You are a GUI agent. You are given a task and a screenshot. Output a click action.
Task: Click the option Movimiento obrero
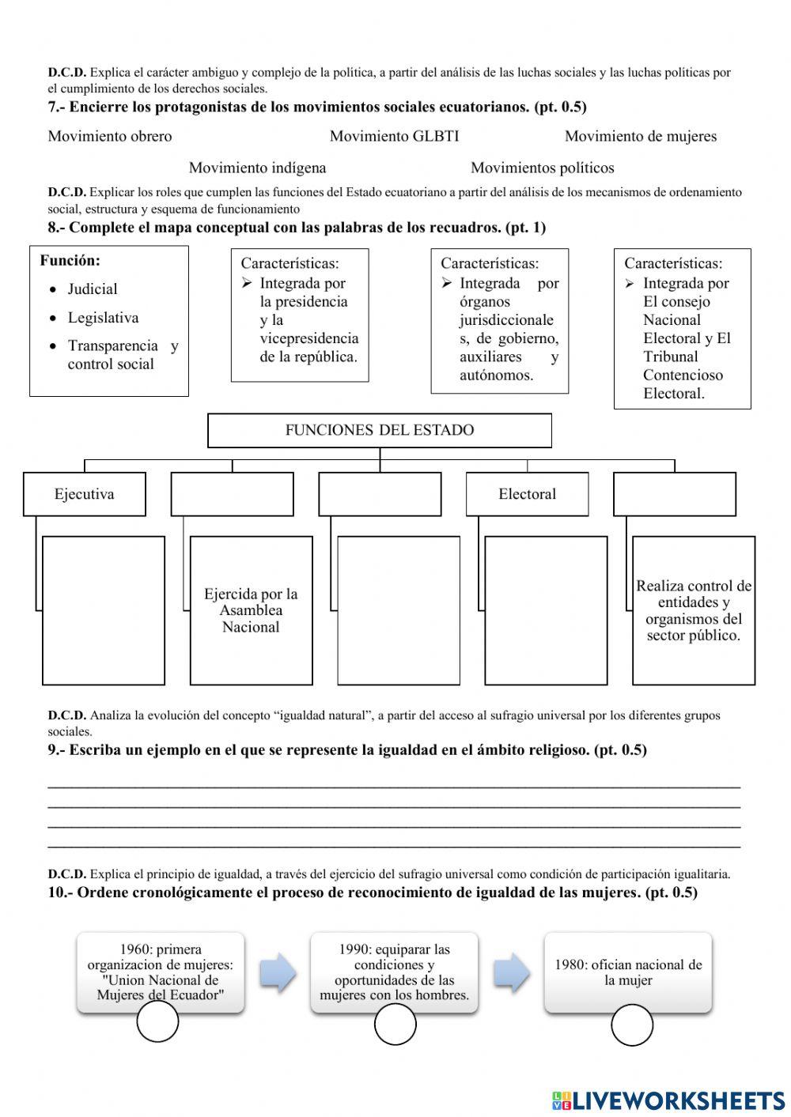(110, 136)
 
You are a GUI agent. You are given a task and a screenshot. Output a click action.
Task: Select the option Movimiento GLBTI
(394, 136)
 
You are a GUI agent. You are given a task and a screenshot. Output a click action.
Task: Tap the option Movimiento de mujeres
(640, 136)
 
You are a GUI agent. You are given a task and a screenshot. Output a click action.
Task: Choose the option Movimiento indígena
(257, 168)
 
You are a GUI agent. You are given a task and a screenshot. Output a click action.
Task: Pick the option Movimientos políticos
(542, 168)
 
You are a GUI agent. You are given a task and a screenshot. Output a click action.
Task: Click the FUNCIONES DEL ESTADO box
(379, 430)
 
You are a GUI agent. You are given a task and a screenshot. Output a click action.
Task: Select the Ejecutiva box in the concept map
(84, 494)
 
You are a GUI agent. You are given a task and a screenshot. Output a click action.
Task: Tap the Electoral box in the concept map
(527, 494)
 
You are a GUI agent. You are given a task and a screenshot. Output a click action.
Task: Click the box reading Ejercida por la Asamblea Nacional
(251, 610)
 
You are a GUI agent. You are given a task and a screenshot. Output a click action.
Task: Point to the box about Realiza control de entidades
(693, 610)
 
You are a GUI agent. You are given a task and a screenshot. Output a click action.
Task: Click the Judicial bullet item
(92, 289)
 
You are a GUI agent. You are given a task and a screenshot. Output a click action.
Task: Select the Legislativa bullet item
(103, 318)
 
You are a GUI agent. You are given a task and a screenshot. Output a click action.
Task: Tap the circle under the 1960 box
(157, 1024)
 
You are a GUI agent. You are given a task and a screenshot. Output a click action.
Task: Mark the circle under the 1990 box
(395, 1025)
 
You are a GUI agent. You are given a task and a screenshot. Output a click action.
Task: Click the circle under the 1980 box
(632, 1025)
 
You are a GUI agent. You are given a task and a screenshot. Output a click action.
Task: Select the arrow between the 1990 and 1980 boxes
(511, 973)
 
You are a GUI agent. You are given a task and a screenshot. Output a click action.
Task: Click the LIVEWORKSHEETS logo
(668, 1100)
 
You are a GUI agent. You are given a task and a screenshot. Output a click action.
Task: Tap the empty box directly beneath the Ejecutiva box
(103, 610)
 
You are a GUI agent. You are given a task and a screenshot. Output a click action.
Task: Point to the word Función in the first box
(70, 261)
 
